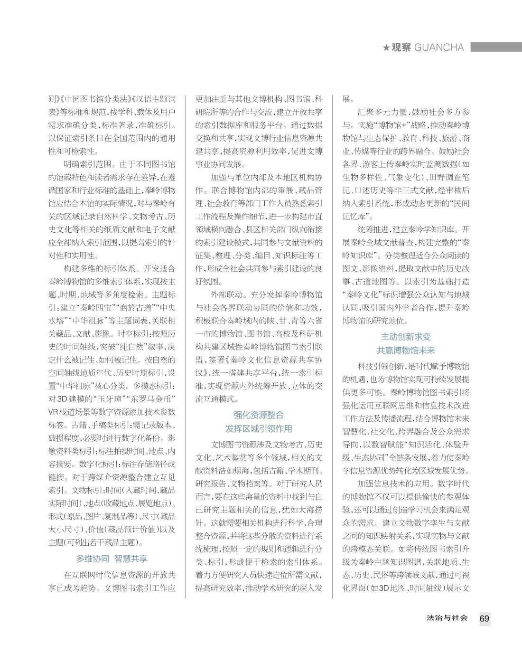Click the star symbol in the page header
(x=386, y=47)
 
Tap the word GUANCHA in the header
(x=438, y=47)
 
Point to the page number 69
(x=484, y=618)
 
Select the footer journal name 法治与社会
(x=447, y=618)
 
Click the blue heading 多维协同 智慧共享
(x=112, y=559)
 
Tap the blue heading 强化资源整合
(x=259, y=415)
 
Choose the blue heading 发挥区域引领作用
(x=259, y=428)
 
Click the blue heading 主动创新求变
(x=406, y=337)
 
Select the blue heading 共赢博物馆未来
(x=406, y=351)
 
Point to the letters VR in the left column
(x=53, y=412)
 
